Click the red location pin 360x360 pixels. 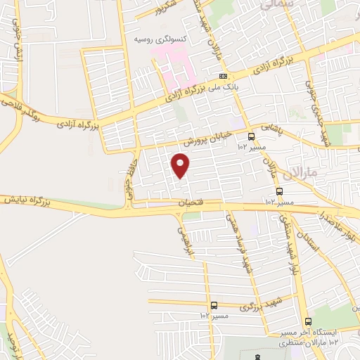pos(181,165)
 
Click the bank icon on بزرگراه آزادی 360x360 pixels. pos(223,76)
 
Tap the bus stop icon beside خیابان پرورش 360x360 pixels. pos(251,137)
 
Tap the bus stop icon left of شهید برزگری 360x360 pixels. pos(214,305)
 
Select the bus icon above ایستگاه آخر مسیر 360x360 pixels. pos(308,321)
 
